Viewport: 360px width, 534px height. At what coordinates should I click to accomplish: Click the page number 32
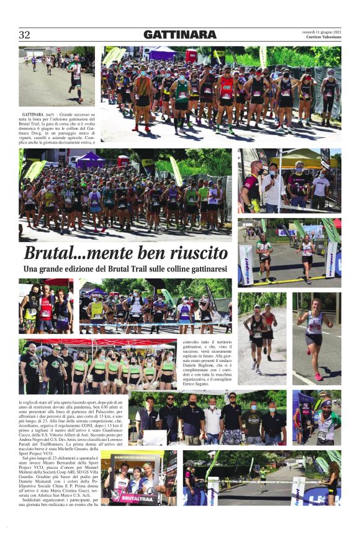pyautogui.click(x=24, y=35)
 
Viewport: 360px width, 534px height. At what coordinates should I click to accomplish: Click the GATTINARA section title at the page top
pyautogui.click(x=180, y=35)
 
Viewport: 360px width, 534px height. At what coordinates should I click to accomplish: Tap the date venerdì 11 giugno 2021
pyautogui.click(x=322, y=31)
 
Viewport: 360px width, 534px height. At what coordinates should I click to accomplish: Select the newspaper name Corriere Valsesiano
pyautogui.click(x=323, y=37)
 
